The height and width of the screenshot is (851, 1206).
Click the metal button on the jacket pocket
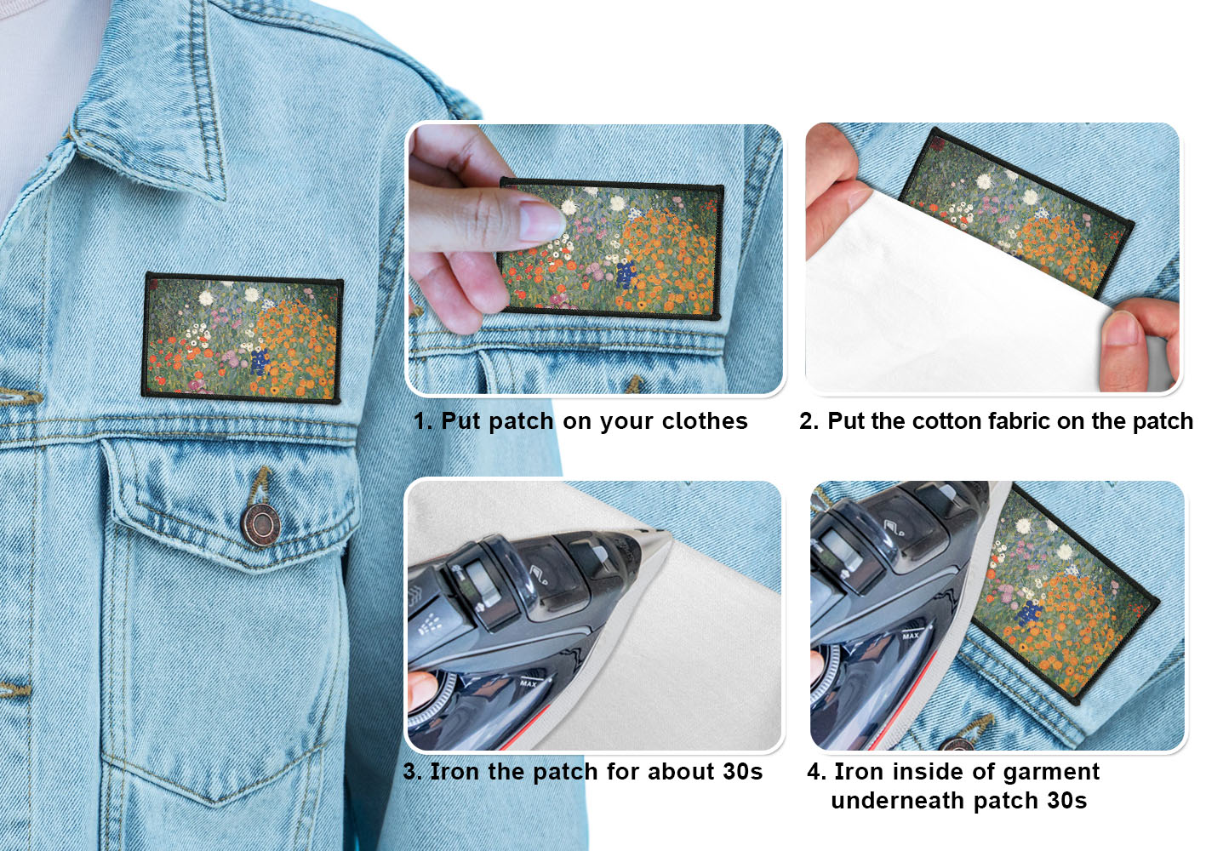(260, 525)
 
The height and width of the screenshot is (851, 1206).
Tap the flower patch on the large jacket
(243, 338)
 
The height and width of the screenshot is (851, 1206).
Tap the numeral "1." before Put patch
(423, 421)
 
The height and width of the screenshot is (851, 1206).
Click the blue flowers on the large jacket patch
(260, 361)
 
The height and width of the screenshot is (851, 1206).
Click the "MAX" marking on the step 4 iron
(911, 637)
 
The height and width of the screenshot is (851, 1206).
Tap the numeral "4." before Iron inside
(816, 771)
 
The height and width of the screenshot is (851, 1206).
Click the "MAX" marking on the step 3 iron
(529, 683)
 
